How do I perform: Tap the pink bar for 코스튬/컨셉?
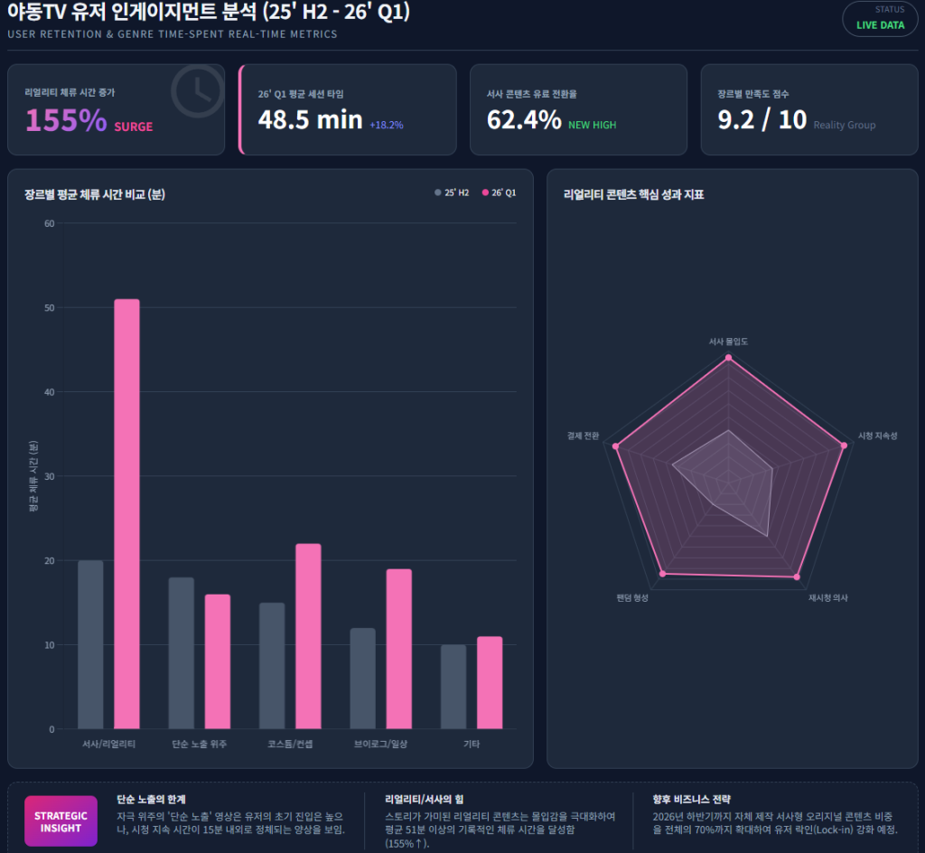(x=308, y=636)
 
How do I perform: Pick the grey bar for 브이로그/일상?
(x=362, y=678)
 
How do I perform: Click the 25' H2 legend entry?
(x=452, y=192)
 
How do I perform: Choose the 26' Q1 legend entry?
(x=499, y=192)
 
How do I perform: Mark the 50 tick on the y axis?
(x=49, y=308)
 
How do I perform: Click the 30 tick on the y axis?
(x=49, y=476)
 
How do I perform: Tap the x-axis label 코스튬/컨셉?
(x=290, y=744)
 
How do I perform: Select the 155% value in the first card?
(x=66, y=120)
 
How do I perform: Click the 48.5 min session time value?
(x=310, y=119)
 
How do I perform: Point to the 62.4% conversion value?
(x=524, y=119)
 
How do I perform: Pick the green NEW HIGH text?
(x=592, y=125)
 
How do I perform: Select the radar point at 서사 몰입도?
(x=729, y=358)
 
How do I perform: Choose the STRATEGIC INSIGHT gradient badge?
(x=61, y=820)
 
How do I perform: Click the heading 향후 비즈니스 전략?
(x=692, y=799)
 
